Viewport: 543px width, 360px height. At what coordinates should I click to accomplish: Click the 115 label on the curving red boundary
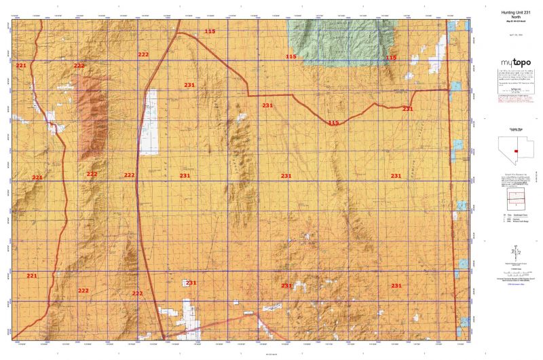pyautogui.click(x=333, y=123)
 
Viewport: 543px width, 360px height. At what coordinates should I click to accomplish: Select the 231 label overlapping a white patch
pyautogui.click(x=191, y=283)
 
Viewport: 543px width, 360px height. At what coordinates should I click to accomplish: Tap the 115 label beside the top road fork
pyautogui.click(x=210, y=32)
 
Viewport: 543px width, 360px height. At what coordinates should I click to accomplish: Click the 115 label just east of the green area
pyautogui.click(x=391, y=58)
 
